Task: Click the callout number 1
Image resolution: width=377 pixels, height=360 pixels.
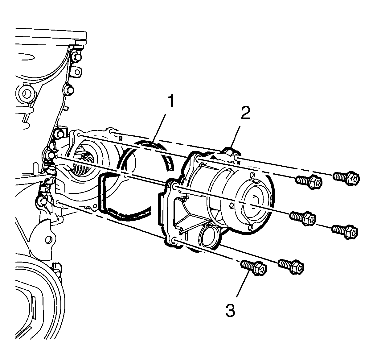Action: (x=171, y=101)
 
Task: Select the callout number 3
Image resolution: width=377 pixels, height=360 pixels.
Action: (x=230, y=316)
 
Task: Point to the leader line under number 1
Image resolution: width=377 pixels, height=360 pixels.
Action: (x=158, y=128)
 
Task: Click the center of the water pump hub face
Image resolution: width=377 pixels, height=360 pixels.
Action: (x=255, y=205)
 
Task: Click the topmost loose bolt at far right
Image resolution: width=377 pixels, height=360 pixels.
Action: (x=346, y=178)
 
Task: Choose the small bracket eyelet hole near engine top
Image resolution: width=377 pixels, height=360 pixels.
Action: (x=77, y=72)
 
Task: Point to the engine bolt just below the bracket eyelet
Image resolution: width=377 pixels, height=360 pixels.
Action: (x=69, y=90)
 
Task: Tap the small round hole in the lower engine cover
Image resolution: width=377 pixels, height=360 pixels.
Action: (x=48, y=239)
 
